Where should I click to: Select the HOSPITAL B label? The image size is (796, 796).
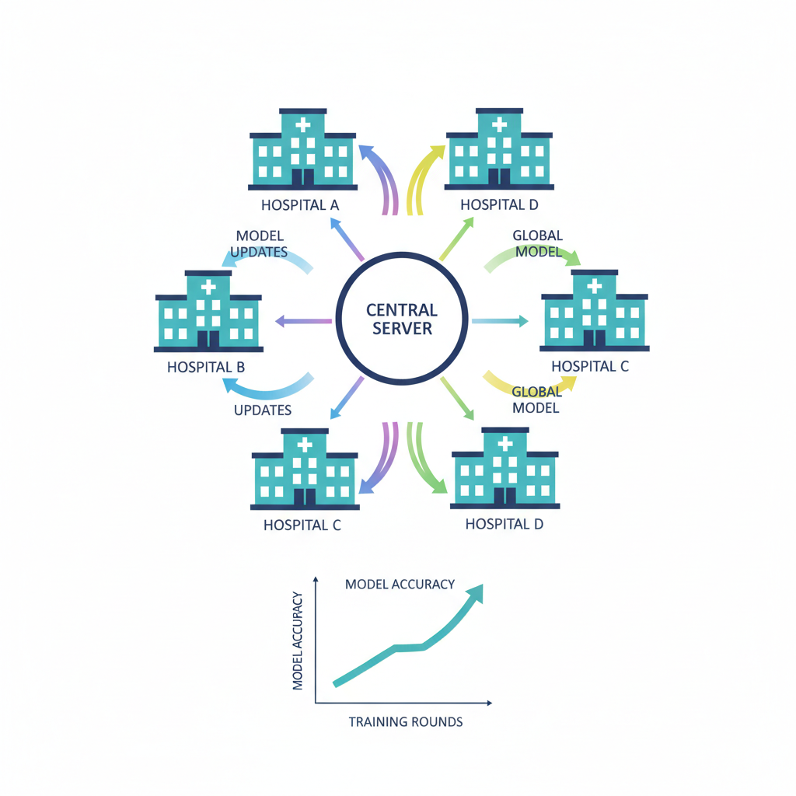(206, 367)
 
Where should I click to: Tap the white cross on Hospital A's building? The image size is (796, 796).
(302, 124)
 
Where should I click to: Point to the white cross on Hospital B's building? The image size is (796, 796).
(208, 287)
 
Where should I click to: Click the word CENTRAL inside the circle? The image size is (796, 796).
(401, 310)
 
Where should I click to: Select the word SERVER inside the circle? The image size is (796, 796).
(401, 329)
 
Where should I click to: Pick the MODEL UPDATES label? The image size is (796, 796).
(260, 243)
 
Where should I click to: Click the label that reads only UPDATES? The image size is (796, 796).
(263, 410)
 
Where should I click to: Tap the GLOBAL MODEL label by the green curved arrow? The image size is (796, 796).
(537, 243)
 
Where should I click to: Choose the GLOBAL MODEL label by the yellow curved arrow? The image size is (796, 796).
(536, 400)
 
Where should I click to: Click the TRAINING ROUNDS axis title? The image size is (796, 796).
(405, 722)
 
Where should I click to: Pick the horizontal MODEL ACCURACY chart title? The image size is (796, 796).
(400, 584)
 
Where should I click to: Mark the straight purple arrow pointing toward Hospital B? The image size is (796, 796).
(304, 320)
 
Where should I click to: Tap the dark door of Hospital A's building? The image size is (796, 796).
(302, 177)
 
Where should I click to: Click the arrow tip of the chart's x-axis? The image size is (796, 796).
(489, 703)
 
